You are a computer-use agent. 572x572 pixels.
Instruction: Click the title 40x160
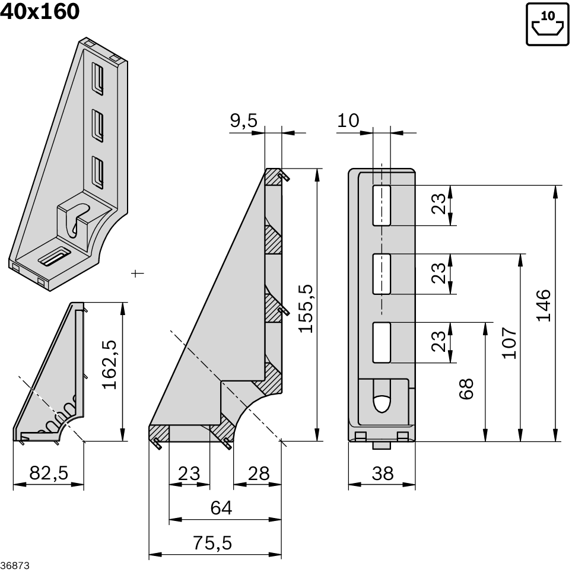tap(40, 11)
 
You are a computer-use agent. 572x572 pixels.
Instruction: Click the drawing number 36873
tap(14, 565)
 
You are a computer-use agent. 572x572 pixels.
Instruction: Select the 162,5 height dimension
tap(110, 364)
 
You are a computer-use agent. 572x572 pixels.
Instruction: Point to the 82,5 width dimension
tap(49, 473)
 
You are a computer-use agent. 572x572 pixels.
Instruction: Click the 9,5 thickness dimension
tap(243, 121)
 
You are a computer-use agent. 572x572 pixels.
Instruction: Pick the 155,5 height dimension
tap(306, 308)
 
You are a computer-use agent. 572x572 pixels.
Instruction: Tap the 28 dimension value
tap(258, 473)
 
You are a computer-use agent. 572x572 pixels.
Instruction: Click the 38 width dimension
tap(381, 473)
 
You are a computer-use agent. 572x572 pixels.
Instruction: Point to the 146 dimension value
tap(543, 305)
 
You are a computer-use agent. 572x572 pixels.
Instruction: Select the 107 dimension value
tap(509, 342)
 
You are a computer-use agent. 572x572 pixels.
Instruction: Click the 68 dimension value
tap(467, 389)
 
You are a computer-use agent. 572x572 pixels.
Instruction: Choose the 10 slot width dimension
tap(348, 121)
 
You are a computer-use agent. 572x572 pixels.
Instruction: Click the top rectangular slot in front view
tap(382, 205)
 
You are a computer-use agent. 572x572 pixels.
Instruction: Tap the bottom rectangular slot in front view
tap(382, 342)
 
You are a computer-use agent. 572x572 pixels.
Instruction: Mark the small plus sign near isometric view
tap(137, 273)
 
